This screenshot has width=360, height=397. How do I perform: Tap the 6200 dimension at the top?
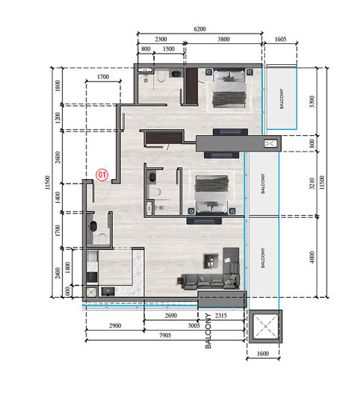[x=199, y=28]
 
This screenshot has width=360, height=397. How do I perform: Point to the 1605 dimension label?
[x=281, y=38]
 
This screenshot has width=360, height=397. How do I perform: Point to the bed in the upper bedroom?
[x=229, y=90]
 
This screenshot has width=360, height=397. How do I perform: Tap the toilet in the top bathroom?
[x=161, y=78]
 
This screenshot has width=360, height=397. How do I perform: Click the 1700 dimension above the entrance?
[x=103, y=77]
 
